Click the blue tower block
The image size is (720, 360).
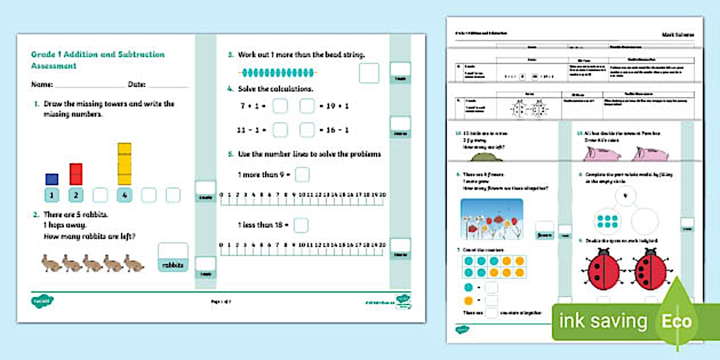point(51,179)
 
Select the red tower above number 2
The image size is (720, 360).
point(75,174)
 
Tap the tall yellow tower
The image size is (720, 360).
point(124,163)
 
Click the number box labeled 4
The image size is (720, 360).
point(124,195)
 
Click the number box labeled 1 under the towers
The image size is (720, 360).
point(51,195)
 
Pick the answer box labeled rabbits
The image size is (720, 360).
point(173,257)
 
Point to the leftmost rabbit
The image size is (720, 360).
point(51,263)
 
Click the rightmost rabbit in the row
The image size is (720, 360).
point(134,263)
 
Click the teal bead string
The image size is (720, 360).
point(277,73)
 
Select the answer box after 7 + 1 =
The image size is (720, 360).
point(280,106)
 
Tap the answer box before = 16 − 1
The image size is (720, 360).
point(307,130)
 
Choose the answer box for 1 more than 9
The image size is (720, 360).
point(302,174)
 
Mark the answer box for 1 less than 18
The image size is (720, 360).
point(301,225)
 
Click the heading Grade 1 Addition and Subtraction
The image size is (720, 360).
point(98,55)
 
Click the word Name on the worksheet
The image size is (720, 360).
point(42,85)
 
